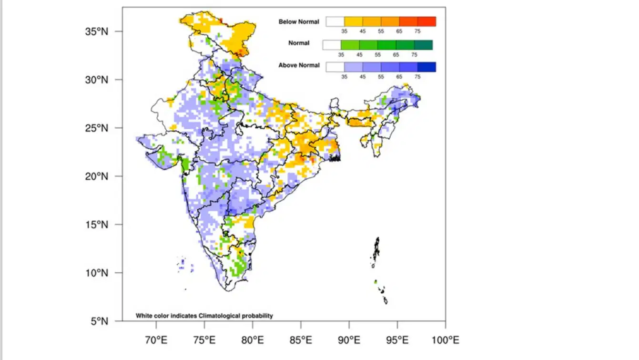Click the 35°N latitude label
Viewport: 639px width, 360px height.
97,31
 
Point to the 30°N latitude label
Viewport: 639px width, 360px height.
97,80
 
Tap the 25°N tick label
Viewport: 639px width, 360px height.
97,128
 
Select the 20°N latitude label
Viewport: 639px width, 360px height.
97,176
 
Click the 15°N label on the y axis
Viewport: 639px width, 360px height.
97,225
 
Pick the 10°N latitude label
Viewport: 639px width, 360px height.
97,273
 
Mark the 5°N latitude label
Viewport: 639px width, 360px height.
100,321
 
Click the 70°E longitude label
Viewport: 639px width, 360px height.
156,340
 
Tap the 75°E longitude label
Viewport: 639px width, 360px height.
204,340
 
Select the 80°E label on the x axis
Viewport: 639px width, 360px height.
253,340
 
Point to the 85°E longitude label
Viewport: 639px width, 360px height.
301,340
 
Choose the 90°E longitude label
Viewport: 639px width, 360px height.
349,340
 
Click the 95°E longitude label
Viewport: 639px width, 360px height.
397,340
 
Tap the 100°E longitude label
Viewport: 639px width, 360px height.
446,340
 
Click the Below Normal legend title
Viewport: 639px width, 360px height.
299,22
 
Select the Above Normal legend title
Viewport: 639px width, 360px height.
299,65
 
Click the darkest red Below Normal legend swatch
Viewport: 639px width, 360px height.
427,22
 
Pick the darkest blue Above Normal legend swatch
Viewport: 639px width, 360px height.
427,67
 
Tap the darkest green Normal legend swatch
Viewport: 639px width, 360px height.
424,45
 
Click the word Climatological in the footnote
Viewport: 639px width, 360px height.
219,316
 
